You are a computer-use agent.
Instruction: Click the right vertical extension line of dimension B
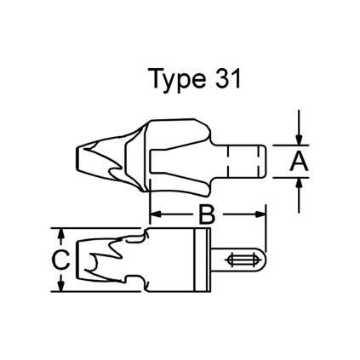(266, 221)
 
